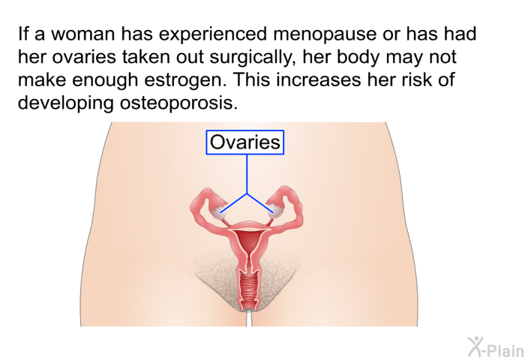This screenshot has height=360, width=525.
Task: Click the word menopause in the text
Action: pos(325,34)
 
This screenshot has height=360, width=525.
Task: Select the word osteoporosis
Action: pos(178,103)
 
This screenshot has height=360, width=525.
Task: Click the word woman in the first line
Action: pos(82,34)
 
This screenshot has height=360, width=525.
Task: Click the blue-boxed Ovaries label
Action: pos(245,142)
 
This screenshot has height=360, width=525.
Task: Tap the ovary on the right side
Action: pos(275,211)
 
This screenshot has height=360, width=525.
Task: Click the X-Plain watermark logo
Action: pos(496,347)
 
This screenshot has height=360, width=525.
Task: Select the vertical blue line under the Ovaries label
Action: pos(247,174)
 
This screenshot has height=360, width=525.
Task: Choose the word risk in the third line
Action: pos(414,79)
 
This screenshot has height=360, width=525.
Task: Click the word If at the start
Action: pos(22,34)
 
